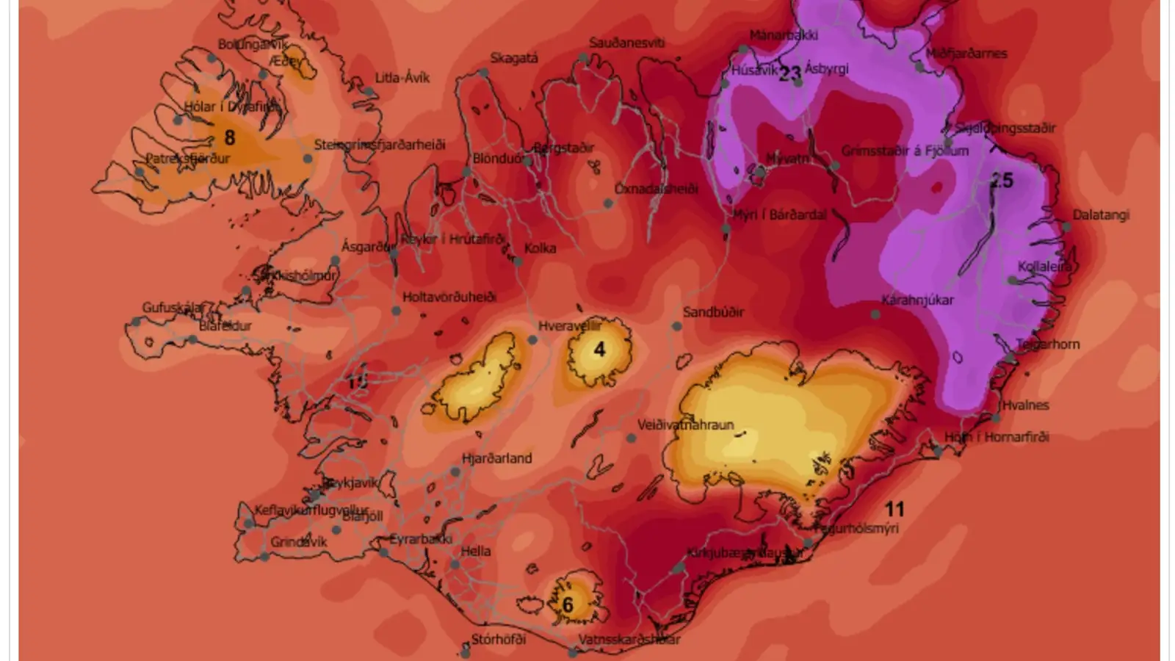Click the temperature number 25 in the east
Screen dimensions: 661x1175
(x=1002, y=181)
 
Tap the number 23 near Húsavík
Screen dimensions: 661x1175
(x=789, y=73)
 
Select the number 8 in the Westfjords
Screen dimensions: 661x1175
(x=230, y=137)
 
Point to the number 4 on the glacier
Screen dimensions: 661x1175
(x=599, y=350)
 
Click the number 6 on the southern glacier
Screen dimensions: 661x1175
(x=568, y=604)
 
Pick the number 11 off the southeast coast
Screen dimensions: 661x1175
(x=894, y=509)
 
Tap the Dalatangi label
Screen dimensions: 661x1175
(x=1101, y=215)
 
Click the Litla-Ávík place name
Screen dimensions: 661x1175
(x=402, y=78)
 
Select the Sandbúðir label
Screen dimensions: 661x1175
(x=713, y=312)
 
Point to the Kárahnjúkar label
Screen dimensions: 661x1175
(x=918, y=300)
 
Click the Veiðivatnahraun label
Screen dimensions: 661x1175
(x=685, y=425)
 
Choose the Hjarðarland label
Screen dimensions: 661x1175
(x=496, y=458)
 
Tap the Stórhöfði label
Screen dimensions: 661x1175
(x=499, y=639)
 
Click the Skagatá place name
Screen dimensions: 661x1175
(x=514, y=59)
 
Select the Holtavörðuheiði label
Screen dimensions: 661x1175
(x=449, y=297)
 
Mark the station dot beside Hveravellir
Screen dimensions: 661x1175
(x=532, y=339)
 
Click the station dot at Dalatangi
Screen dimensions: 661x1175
(x=1066, y=228)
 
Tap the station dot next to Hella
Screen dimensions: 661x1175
(x=455, y=565)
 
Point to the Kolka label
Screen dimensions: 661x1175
(x=540, y=248)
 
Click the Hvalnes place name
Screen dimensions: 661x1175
(x=1025, y=405)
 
